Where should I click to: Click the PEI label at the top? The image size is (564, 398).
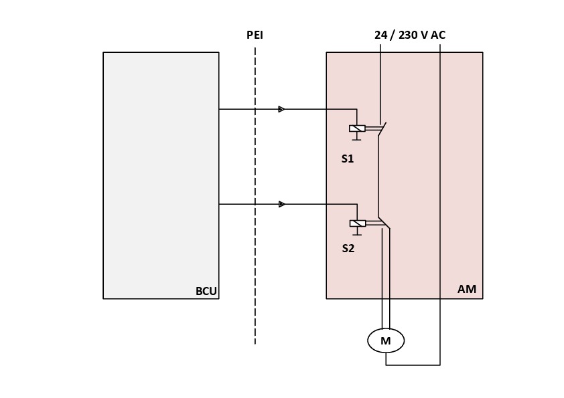(255, 35)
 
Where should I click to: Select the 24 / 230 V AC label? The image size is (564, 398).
(409, 35)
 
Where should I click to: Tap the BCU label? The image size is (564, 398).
(206, 291)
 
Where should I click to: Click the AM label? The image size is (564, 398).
(467, 290)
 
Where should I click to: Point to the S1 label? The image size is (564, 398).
(347, 159)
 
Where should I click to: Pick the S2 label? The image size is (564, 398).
(348, 248)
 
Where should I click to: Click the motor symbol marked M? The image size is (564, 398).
(386, 341)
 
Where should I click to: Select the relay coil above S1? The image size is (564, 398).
(357, 128)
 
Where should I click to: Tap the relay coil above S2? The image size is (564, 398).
(357, 223)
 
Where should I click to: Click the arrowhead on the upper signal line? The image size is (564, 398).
(281, 109)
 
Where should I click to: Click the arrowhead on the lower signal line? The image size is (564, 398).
(281, 204)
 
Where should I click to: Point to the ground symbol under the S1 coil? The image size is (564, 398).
(357, 138)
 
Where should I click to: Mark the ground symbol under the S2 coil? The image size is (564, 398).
(357, 233)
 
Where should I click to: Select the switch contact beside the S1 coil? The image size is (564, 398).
(380, 130)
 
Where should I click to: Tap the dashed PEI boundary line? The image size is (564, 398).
(255, 268)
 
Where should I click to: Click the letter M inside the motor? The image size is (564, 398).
(386, 341)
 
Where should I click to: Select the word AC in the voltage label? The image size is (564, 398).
(438, 35)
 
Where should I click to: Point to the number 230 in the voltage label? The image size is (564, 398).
(408, 35)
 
